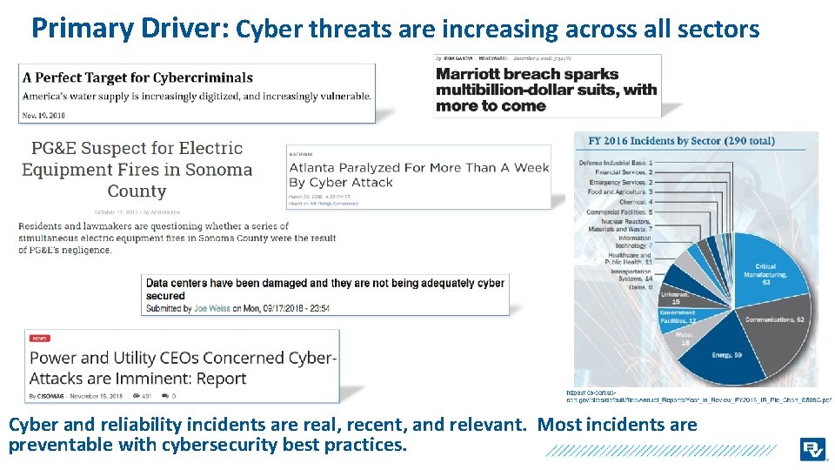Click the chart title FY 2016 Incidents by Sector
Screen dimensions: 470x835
681,141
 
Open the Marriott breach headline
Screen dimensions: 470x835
546,90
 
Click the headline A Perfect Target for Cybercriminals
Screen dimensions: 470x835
137,78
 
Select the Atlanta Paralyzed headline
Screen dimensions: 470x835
418,174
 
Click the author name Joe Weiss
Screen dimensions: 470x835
212,308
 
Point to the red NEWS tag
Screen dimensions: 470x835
40,338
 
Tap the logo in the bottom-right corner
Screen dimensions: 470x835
813,449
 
